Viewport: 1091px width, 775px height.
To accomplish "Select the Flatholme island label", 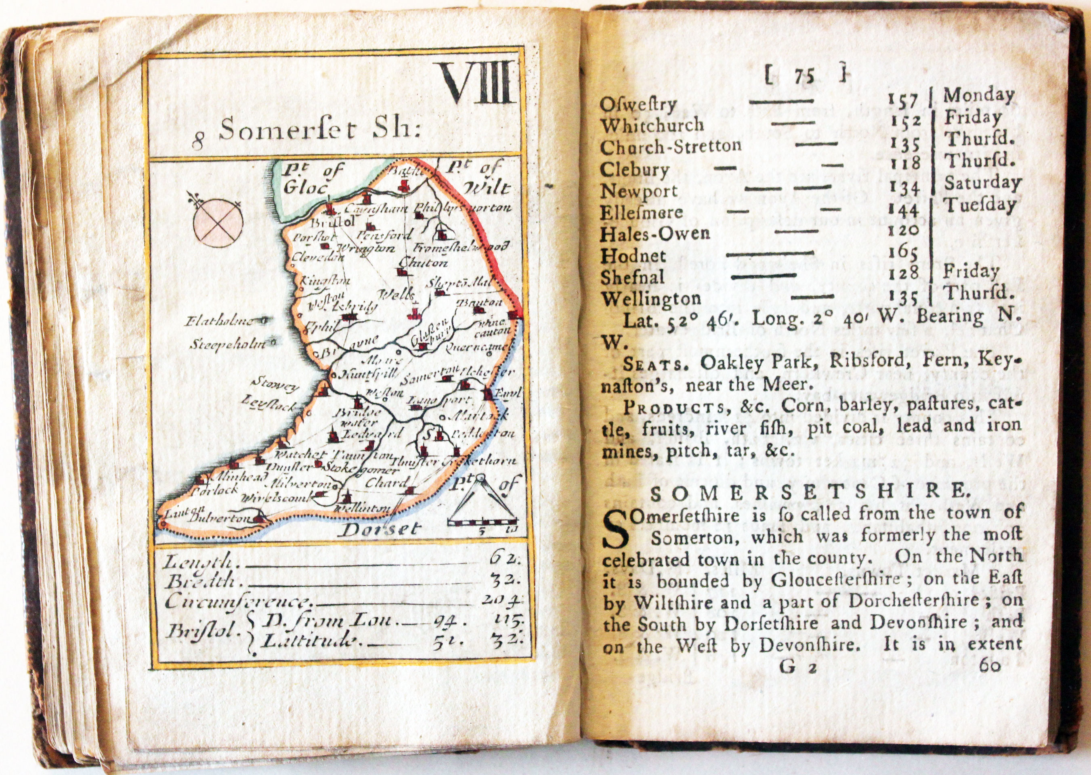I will (219, 321).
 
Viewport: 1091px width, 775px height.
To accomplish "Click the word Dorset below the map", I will (382, 529).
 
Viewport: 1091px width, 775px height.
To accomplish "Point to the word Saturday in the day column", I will (983, 183).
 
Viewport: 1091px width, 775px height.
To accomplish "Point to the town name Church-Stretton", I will (671, 147).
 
